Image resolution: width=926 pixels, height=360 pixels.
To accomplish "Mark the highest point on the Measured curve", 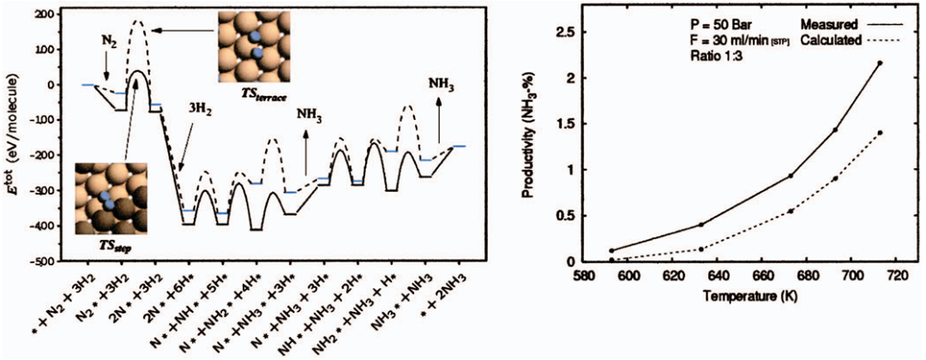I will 880,63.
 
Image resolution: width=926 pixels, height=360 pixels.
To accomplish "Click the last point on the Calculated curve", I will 880,133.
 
